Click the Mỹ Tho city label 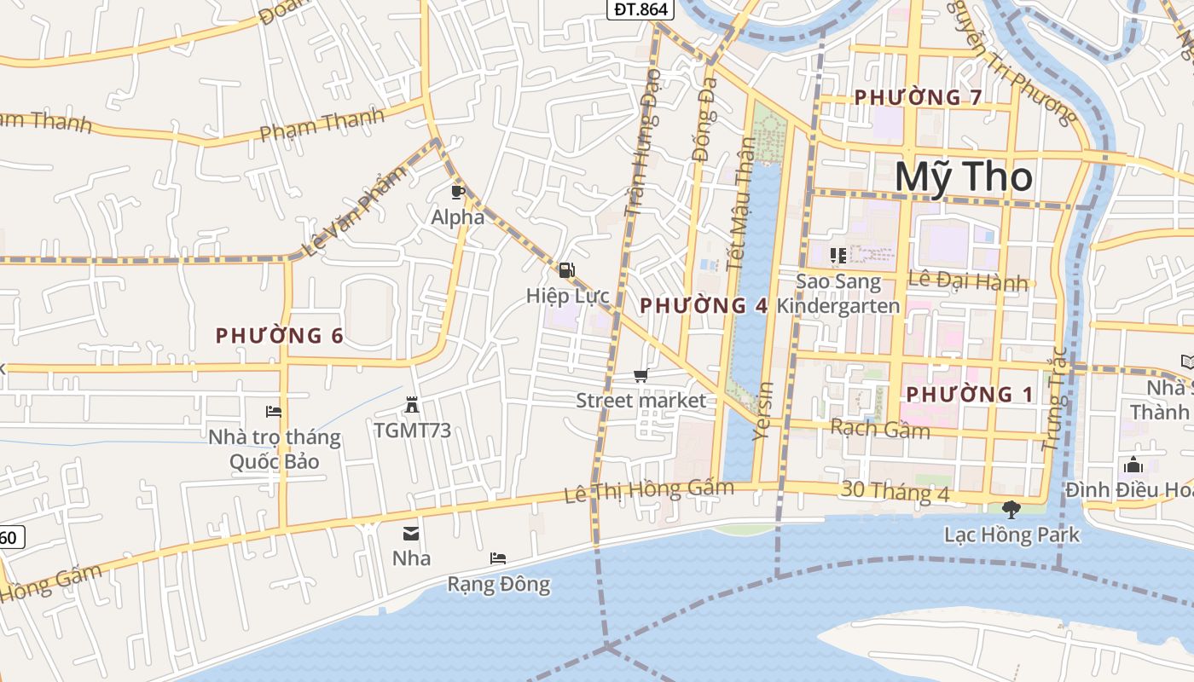pos(964,177)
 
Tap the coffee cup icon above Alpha pos(458,192)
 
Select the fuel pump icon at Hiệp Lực pos(566,270)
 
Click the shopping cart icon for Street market pos(640,376)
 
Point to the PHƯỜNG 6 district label pos(280,336)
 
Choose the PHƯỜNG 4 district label pos(704,305)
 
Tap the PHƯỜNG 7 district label pos(918,97)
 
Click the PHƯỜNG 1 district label pos(970,394)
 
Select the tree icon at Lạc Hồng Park pos(1011,510)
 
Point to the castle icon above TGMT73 pos(412,405)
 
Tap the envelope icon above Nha pos(411,534)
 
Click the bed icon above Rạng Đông pos(498,558)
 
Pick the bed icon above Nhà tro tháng pos(274,412)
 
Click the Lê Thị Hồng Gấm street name pos(649,490)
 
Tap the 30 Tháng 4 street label pos(895,491)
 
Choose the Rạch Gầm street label pos(880,428)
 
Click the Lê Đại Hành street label pos(968,280)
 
